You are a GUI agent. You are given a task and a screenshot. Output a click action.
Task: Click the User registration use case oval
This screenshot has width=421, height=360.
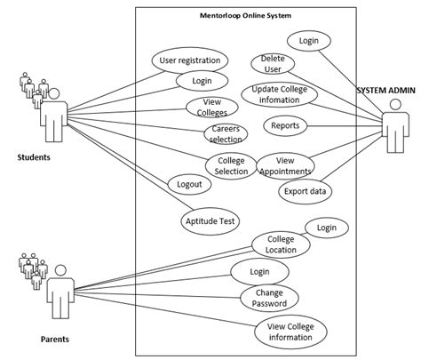coord(190,60)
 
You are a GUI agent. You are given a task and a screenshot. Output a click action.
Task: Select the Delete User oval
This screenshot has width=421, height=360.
coord(273,64)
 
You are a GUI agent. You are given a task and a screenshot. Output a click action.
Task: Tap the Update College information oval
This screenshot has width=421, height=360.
coord(280,94)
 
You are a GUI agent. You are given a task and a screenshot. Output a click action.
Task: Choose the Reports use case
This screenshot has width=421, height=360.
coord(285,125)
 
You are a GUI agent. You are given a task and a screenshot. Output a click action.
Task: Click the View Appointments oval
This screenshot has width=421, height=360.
coord(285,166)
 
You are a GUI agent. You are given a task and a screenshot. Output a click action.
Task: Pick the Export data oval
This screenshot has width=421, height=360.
coord(305,191)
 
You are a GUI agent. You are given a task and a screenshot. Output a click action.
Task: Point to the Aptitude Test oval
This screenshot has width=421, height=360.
coord(210,221)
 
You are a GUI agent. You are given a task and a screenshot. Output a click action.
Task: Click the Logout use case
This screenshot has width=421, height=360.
coord(189,184)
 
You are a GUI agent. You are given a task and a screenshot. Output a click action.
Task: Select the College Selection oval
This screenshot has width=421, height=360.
coord(231,166)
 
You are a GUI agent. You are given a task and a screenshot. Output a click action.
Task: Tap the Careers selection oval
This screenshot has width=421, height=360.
coord(226,134)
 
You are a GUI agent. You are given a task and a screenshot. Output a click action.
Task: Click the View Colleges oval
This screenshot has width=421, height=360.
coord(212,108)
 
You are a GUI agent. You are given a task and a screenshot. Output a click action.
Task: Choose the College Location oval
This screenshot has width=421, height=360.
coord(281,244)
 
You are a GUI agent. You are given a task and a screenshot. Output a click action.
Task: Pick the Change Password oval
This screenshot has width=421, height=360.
coord(269,298)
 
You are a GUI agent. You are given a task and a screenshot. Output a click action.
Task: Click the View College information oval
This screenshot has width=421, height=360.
coord(290,332)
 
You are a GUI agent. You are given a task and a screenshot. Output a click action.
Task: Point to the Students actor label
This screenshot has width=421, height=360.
coord(34,157)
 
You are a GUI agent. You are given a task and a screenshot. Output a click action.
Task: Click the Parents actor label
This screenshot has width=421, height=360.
coord(55,340)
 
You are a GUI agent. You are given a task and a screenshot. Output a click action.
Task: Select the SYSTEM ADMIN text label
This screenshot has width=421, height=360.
coord(386,91)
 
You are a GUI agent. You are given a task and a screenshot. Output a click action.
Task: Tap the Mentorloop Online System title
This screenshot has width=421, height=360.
coord(245,15)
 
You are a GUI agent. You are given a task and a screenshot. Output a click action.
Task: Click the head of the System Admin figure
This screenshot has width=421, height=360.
coord(396,104)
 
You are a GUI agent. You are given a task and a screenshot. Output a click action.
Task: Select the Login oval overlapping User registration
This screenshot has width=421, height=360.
coord(202,81)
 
